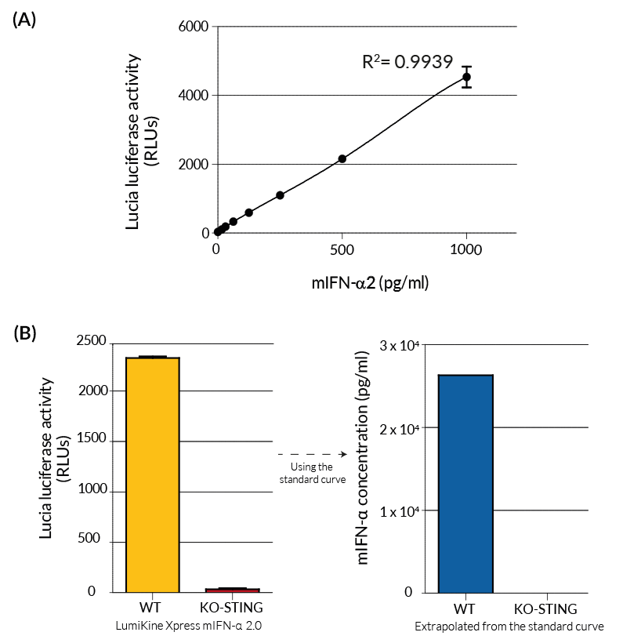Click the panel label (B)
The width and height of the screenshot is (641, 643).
tap(25, 332)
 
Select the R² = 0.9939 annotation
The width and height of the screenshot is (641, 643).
tap(407, 61)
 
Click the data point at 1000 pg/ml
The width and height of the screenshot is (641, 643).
tap(466, 77)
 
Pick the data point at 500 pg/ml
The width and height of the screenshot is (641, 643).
tap(342, 158)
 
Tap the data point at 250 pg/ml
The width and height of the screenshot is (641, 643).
tap(280, 195)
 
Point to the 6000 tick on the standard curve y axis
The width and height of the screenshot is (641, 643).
tap(195, 27)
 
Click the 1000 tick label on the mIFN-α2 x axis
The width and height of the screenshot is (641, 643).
tap(466, 250)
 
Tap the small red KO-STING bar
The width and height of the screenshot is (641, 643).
tap(232, 590)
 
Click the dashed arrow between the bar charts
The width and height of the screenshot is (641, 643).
tap(313, 454)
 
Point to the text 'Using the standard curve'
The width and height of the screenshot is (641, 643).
tap(313, 473)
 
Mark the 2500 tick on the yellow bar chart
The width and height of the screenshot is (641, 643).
tap(91, 341)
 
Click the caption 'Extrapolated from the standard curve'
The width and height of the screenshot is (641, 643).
tap(509, 626)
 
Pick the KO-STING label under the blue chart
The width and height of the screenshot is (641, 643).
tap(545, 609)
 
